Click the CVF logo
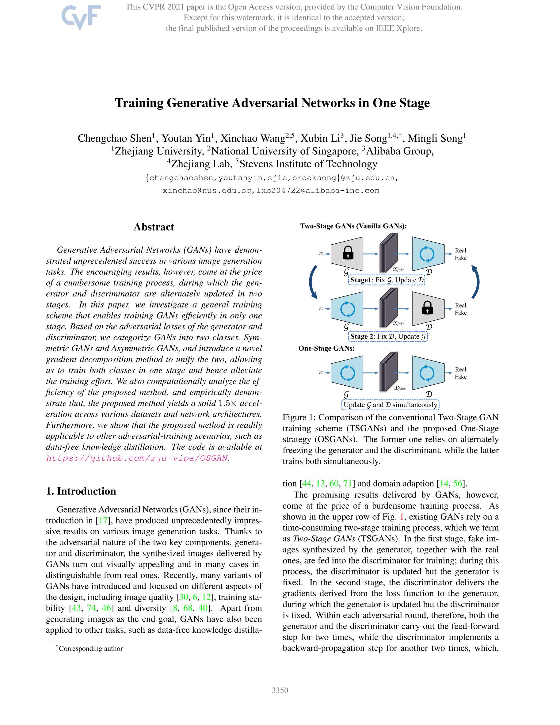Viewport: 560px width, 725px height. point(81,17)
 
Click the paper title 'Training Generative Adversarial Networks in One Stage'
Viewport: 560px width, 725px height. point(272,103)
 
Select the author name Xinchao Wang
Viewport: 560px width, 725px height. point(253,138)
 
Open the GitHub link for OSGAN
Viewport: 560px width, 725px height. point(137,458)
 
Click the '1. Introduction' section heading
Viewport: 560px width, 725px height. point(81,491)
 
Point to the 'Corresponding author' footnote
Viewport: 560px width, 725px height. point(90,648)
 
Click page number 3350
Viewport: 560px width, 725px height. point(280,690)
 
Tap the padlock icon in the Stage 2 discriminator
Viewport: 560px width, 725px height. point(427,308)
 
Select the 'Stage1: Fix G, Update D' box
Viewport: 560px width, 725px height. point(387,280)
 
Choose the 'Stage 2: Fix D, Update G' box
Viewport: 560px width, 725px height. point(388,336)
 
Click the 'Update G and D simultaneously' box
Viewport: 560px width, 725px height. point(390,405)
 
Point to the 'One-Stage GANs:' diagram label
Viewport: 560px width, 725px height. point(326,348)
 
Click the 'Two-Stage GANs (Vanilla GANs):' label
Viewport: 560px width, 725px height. point(353,226)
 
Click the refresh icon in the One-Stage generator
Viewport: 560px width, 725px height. point(348,373)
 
